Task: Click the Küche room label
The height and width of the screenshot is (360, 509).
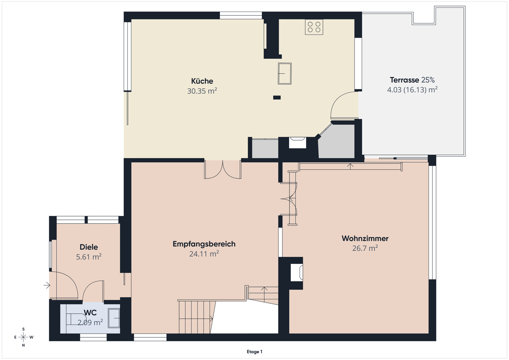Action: click(x=202, y=81)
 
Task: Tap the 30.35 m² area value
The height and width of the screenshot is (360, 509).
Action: click(x=202, y=91)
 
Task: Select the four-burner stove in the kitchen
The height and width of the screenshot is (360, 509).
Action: click(x=314, y=27)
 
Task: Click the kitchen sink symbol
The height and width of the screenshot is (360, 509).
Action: click(x=285, y=74)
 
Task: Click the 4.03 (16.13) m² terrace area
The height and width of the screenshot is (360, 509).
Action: click(x=412, y=90)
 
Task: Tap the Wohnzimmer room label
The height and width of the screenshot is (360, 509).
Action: click(x=365, y=239)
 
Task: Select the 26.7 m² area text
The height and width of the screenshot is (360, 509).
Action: click(x=365, y=248)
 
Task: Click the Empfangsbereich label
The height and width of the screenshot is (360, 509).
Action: click(x=204, y=244)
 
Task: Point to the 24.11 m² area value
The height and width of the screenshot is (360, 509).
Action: click(x=204, y=254)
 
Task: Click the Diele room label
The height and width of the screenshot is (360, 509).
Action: click(x=89, y=247)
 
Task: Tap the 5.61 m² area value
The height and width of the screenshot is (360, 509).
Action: click(x=89, y=257)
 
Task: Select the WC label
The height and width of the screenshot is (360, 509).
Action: click(x=90, y=313)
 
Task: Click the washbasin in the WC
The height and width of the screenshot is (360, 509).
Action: click(x=114, y=318)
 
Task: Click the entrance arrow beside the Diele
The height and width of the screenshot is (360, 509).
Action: click(x=47, y=285)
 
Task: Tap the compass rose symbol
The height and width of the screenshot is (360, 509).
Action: click(x=23, y=337)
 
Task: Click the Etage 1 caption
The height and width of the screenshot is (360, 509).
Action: click(x=254, y=352)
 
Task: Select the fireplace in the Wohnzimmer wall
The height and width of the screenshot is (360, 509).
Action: click(x=297, y=272)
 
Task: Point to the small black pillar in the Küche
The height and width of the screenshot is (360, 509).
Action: click(x=277, y=97)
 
